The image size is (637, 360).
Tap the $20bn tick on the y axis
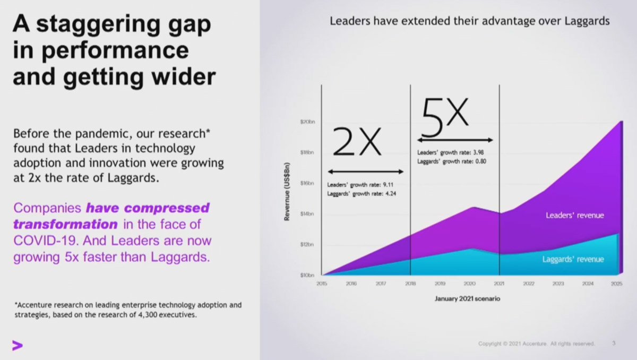coord(308,123)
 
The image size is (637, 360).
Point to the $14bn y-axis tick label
coord(308,214)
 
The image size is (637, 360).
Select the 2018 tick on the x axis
coord(410,285)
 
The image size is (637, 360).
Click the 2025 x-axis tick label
coord(616,285)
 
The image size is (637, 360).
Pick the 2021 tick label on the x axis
coord(499,285)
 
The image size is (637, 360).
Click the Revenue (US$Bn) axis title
coord(287,191)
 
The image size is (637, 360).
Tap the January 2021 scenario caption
coord(467,298)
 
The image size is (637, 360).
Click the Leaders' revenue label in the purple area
coord(575,216)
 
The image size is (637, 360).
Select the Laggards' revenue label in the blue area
coord(573,260)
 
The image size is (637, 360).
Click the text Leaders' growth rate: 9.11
coord(355,185)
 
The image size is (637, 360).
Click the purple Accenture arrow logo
coord(18,346)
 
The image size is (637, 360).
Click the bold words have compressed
coord(148,207)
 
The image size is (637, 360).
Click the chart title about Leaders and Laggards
coord(469,22)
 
